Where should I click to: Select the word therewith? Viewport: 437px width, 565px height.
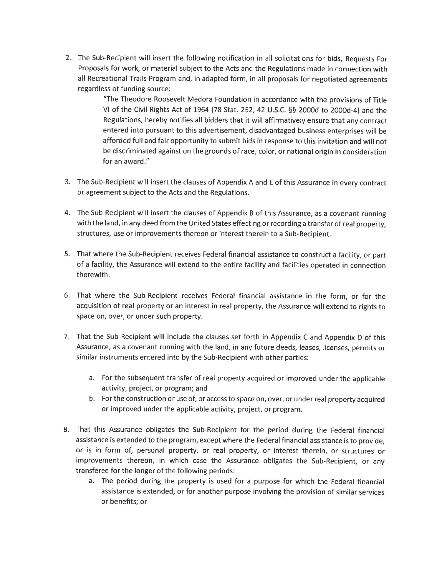pyautogui.click(x=92, y=275)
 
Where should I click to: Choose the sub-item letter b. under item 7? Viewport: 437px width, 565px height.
pyautogui.click(x=92, y=399)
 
